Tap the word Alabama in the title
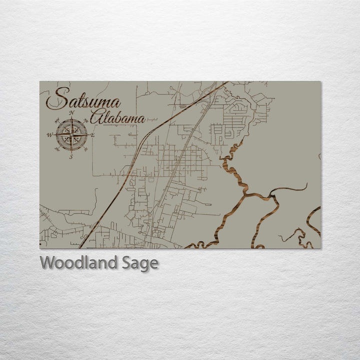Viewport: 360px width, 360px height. point(118,117)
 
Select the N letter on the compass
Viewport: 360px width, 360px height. point(71,113)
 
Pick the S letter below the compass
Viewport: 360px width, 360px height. point(71,156)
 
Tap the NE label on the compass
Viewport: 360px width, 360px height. point(85,120)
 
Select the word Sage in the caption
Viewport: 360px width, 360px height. point(141,263)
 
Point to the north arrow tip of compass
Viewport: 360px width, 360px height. point(71,118)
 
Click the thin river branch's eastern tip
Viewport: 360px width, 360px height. point(306,184)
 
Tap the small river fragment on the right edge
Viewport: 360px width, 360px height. point(319,156)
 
